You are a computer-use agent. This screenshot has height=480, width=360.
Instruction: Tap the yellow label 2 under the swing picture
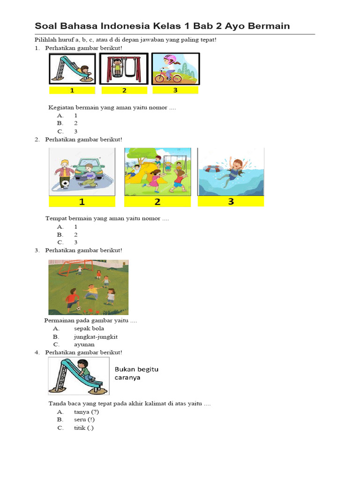[x=124, y=90]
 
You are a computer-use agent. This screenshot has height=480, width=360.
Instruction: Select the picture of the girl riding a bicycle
[x=176, y=69]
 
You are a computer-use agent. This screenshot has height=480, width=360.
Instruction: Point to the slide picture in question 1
[x=72, y=68]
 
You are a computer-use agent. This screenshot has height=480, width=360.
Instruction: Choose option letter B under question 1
[x=60, y=123]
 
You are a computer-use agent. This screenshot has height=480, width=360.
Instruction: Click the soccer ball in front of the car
[x=65, y=184]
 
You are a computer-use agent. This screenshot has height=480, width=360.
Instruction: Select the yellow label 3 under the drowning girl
[x=231, y=202]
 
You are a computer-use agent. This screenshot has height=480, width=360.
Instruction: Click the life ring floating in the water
[x=212, y=169]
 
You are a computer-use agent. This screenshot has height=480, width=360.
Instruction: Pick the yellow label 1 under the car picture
[x=82, y=202]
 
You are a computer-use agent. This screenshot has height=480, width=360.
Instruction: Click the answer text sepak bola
[x=89, y=329]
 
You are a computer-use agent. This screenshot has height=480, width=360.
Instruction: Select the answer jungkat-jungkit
[x=96, y=337]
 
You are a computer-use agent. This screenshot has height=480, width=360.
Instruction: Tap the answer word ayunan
[x=84, y=345]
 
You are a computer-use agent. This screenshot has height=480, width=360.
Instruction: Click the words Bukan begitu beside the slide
[x=136, y=369]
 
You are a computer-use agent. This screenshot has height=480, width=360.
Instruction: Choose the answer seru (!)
[x=84, y=420]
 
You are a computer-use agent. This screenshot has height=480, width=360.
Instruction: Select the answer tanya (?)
[x=86, y=412]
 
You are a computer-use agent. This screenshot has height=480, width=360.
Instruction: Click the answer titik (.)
[x=83, y=428]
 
